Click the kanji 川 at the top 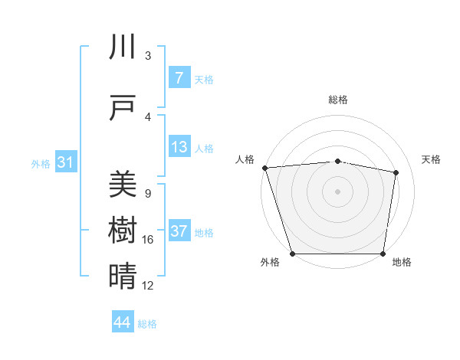(123, 47)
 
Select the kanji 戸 (123, 108)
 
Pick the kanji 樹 (123, 231)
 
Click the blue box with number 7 (179, 78)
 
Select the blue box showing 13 (179, 147)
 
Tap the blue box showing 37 (179, 231)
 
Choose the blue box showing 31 (65, 162)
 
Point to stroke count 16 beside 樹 (148, 240)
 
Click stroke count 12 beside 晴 (148, 286)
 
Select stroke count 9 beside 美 (147, 194)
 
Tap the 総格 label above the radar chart (337, 100)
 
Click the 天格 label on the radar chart (432, 159)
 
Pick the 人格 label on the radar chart (245, 159)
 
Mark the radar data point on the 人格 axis (264, 168)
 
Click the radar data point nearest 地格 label (383, 254)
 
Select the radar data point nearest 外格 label (292, 254)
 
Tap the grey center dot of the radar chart (337, 191)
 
